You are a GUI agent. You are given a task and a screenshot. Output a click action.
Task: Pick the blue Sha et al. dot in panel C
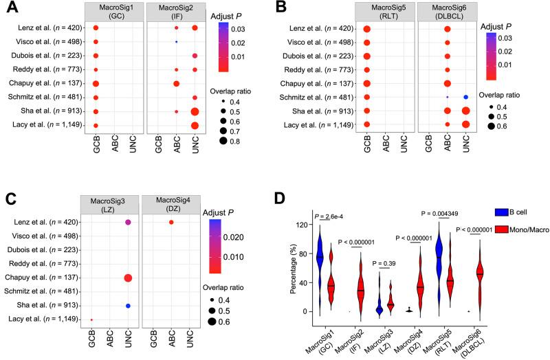[x=128, y=305]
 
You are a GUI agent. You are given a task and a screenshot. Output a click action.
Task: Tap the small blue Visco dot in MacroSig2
[x=177, y=42]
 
